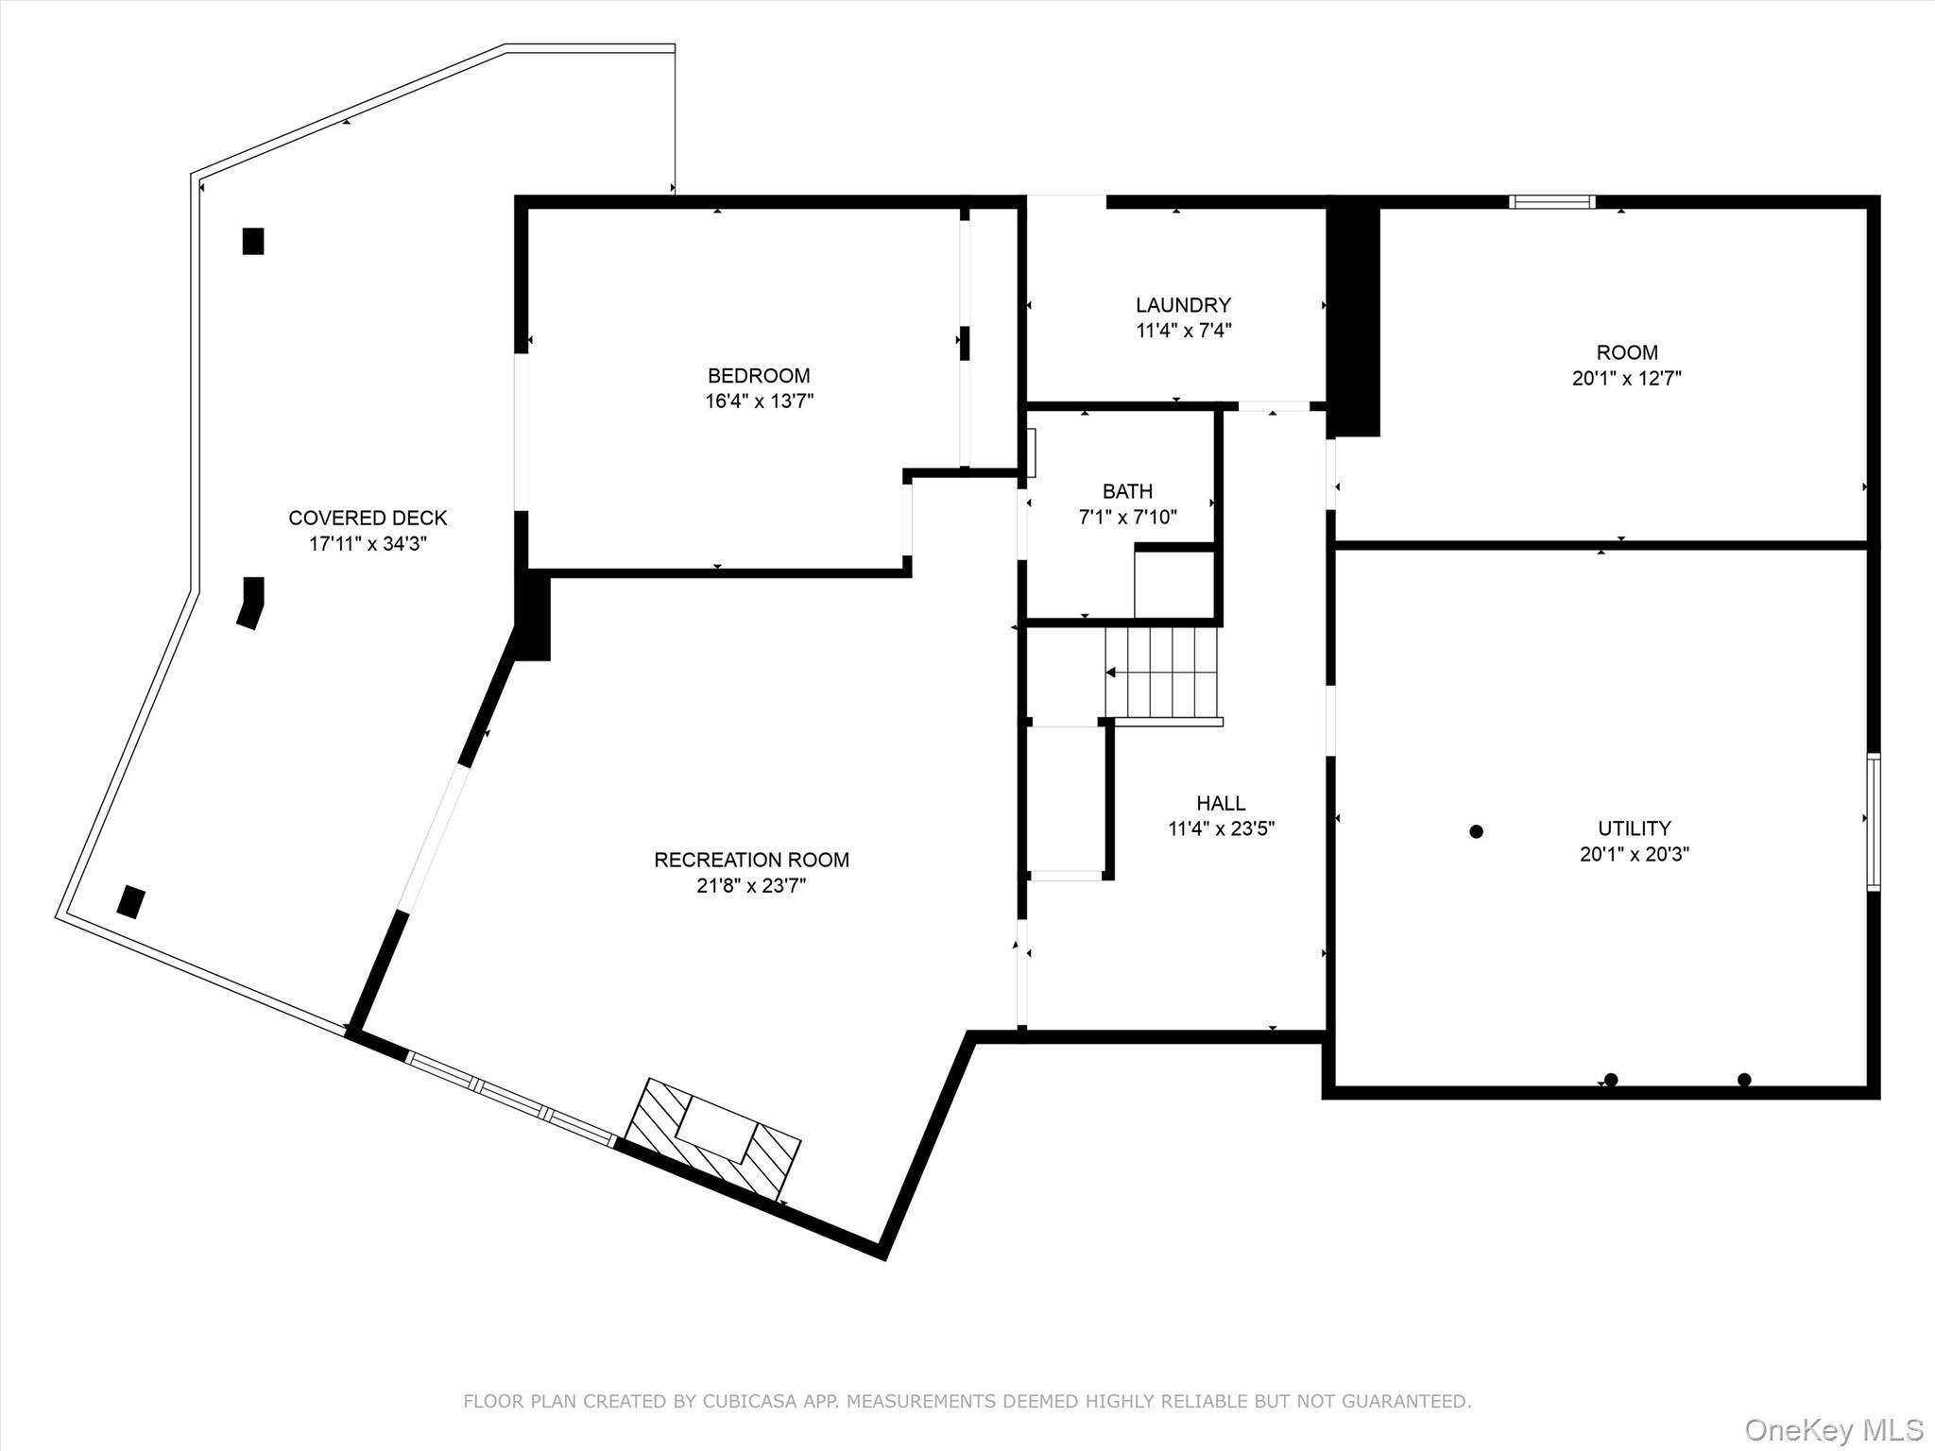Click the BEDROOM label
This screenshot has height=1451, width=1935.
759,375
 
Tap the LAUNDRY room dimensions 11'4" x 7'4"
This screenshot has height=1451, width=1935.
1183,331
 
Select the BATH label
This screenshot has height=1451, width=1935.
1127,491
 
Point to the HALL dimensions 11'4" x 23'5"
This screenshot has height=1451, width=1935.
1221,829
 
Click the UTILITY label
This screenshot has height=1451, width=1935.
1634,828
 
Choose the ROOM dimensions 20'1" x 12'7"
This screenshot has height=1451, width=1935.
1626,379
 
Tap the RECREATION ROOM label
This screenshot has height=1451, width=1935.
751,860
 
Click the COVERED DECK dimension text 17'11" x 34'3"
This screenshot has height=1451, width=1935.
368,544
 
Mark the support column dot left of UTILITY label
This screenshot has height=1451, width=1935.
1476,831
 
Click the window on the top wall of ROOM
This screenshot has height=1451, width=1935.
1552,201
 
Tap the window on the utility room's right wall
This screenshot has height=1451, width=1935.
1874,822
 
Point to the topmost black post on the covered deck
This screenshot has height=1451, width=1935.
252,241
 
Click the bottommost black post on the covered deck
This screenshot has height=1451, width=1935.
130,901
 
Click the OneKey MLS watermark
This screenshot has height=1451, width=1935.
1833,1429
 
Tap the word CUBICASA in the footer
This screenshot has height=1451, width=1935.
747,1401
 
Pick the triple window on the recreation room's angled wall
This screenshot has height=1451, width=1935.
510,1099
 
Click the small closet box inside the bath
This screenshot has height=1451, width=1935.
1173,584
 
